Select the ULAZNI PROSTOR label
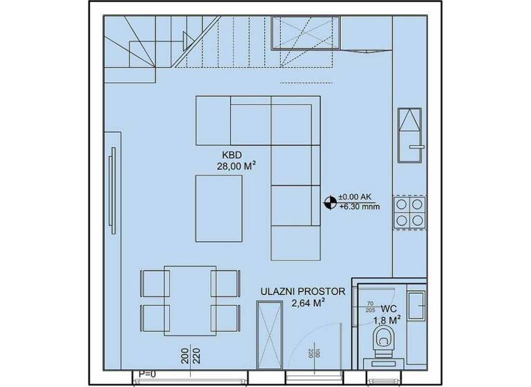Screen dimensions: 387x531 click(297, 291)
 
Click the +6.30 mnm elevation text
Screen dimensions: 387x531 click(360, 207)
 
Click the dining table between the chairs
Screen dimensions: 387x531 click(188, 299)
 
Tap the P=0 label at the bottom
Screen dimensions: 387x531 click(147, 374)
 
